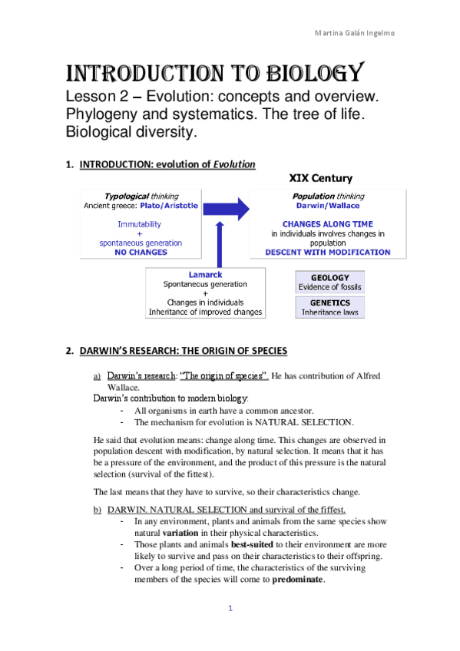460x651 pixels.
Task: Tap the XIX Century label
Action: (320, 178)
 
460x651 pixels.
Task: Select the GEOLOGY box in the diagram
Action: (329, 282)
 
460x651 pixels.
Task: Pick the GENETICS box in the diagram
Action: (329, 307)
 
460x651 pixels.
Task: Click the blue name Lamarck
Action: (205, 274)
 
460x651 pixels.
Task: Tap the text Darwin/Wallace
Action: (327, 206)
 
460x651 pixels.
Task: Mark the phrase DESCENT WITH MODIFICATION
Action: (327, 252)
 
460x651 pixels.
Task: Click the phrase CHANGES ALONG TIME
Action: (327, 224)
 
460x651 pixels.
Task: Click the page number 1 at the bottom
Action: (230, 609)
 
